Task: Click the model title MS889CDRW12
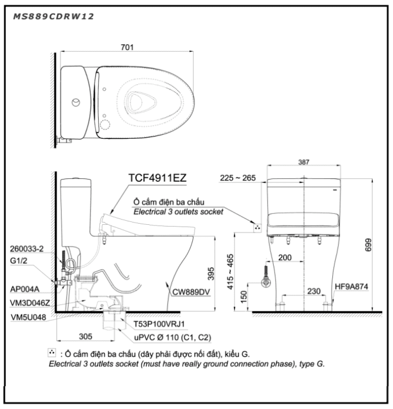click(54, 16)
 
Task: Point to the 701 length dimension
click(127, 47)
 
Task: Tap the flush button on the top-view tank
click(76, 102)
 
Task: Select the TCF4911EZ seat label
click(158, 178)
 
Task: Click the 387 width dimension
click(304, 162)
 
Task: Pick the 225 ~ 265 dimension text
click(238, 178)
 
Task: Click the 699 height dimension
click(368, 245)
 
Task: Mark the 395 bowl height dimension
click(211, 274)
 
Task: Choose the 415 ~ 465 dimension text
click(230, 272)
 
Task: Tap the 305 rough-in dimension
click(85, 336)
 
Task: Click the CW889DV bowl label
click(191, 292)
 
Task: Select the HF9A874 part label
click(351, 287)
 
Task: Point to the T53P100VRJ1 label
click(159, 324)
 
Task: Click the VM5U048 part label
click(28, 317)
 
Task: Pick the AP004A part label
click(25, 289)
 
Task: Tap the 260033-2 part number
click(27, 249)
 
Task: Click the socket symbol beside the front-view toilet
click(258, 228)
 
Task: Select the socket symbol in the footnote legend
click(52, 353)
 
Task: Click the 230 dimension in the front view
click(314, 291)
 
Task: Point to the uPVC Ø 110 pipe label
click(172, 338)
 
